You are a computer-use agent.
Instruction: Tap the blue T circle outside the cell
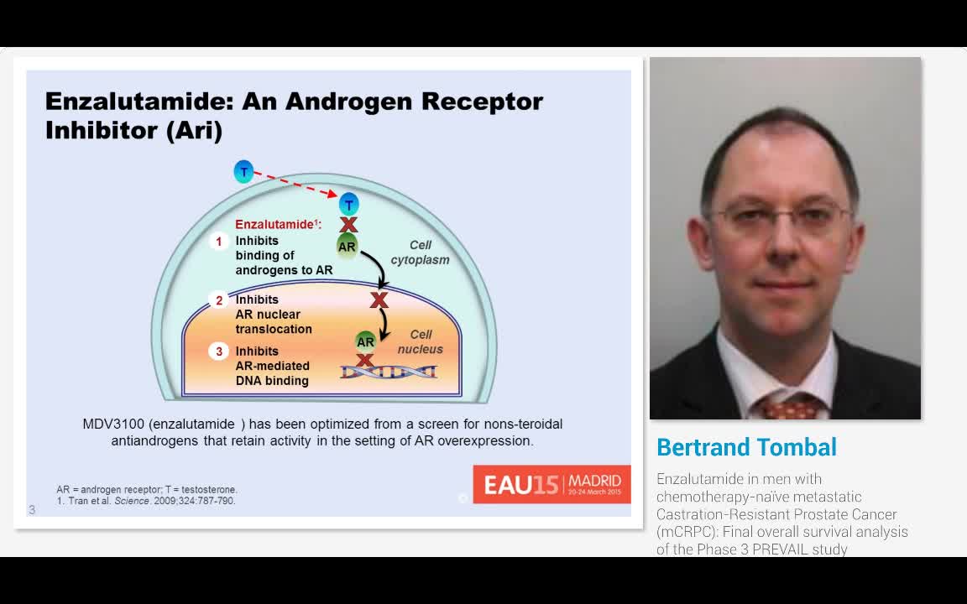coord(243,172)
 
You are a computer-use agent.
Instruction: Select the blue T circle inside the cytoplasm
coord(348,204)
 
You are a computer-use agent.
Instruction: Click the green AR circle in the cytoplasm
coord(347,247)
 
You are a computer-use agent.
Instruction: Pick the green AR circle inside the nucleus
coord(365,341)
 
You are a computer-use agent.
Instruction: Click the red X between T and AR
coord(348,225)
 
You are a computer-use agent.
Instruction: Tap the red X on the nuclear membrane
coord(379,299)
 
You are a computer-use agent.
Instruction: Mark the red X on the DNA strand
coord(365,361)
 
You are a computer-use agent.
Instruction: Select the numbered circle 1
coord(219,242)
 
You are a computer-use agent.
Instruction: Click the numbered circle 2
coord(219,300)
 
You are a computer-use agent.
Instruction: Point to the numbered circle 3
coord(219,351)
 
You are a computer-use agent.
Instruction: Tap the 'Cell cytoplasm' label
coord(420,253)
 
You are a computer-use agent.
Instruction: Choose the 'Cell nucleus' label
coord(420,342)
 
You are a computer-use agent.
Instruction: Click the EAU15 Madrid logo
coord(551,484)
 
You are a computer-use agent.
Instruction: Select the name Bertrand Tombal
coord(746,447)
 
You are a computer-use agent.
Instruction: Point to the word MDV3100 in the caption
coord(113,424)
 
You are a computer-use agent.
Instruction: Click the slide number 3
coord(32,509)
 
